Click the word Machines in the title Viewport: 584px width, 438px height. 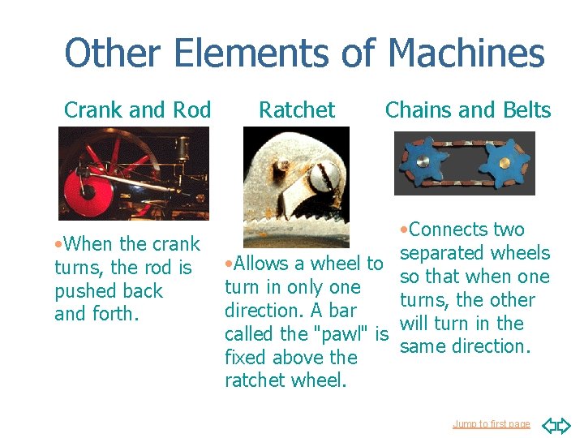[x=466, y=54]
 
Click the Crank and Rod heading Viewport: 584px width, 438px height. [x=137, y=109]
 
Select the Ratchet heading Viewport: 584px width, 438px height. [x=296, y=109]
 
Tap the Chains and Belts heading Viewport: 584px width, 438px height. [x=468, y=109]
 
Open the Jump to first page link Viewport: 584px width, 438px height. [x=492, y=424]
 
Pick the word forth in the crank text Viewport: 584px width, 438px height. [x=118, y=314]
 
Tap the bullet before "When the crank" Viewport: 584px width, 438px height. [x=58, y=244]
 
